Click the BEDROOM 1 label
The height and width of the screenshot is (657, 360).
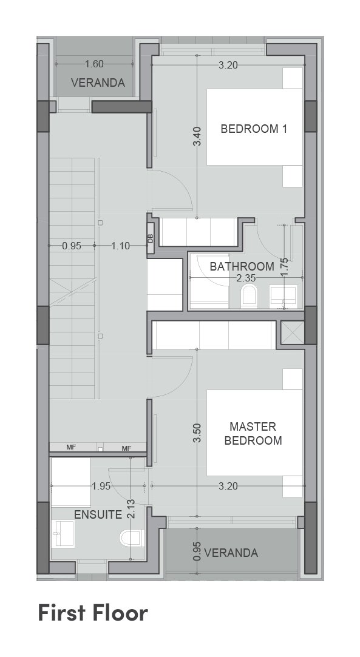tap(254, 129)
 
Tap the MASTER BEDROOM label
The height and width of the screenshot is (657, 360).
tap(253, 434)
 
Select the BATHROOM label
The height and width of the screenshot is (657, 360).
tap(242, 266)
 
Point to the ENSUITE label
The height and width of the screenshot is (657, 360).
tap(98, 514)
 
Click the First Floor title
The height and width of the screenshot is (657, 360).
tap(93, 613)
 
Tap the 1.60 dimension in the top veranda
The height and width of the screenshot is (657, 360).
tap(94, 64)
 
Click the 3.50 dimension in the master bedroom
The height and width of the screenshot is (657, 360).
tap(197, 433)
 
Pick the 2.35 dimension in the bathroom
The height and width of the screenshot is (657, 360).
tap(246, 278)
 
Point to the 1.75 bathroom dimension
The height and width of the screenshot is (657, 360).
tap(284, 266)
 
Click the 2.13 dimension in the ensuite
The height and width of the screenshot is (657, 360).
tap(131, 509)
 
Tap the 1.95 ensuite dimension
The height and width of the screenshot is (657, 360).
tap(101, 486)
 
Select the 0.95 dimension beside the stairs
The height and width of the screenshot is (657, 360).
tap(72, 246)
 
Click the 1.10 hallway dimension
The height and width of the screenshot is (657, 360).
tap(121, 246)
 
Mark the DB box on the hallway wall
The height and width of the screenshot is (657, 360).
tap(151, 238)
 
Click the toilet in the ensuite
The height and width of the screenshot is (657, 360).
tap(131, 538)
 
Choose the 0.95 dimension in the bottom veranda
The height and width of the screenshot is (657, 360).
tap(197, 551)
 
